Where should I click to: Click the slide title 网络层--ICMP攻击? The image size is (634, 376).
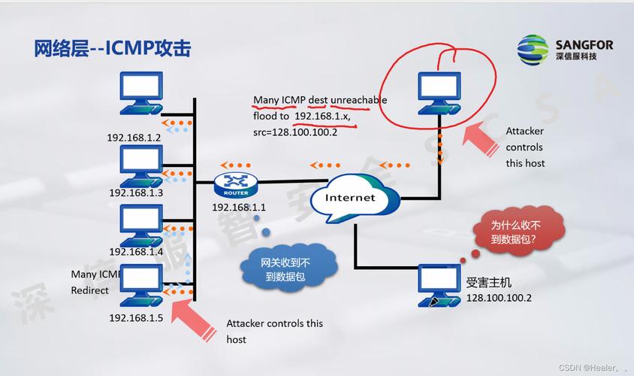[112, 48]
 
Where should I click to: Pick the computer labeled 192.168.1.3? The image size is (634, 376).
[140, 163]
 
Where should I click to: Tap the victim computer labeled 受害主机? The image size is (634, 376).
[439, 284]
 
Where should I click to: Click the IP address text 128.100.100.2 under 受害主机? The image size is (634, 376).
[498, 298]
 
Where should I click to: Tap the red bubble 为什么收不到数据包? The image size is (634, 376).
[518, 232]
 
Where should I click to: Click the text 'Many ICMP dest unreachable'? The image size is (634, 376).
[320, 99]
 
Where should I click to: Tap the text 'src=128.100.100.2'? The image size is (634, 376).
[294, 132]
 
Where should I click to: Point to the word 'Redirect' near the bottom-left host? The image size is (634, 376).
[89, 290]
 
